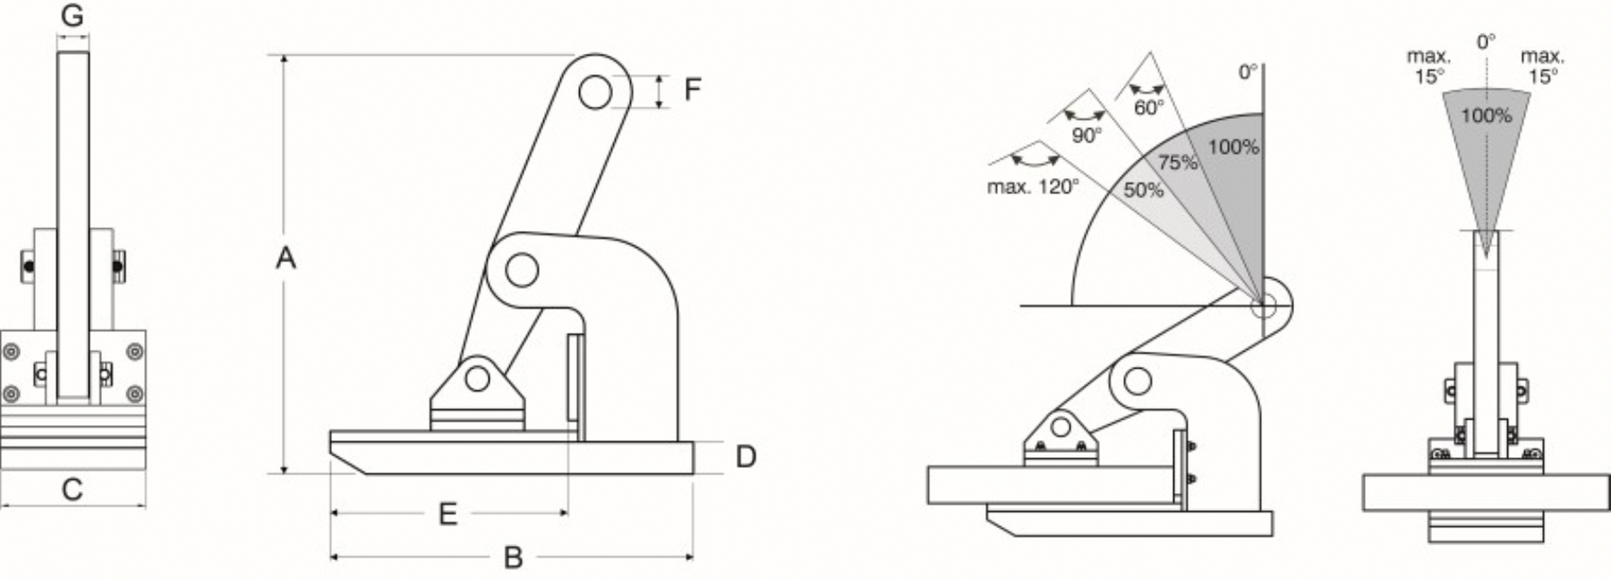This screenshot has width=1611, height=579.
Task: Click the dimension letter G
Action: pos(72,15)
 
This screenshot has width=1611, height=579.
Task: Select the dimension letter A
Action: pos(286,258)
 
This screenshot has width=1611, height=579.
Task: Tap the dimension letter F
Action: pos(693,89)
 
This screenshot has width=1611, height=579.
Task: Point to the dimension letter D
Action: pos(746,456)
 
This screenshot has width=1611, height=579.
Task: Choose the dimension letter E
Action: pos(447,514)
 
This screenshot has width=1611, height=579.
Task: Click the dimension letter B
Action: pos(513,558)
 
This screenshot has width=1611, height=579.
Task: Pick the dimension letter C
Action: pos(72,490)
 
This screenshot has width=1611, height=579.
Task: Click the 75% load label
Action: pos(1178,163)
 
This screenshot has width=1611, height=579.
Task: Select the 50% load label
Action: pos(1144,190)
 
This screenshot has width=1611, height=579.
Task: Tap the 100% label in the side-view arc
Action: pos(1233,147)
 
